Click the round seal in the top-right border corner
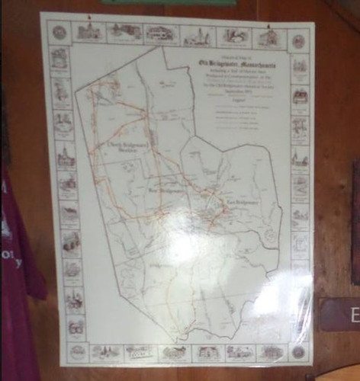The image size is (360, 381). (299, 40)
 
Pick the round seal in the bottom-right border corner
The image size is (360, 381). (298, 351)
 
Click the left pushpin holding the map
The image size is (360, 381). (88, 17)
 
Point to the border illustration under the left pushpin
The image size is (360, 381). (89, 31)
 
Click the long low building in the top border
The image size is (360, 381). (162, 34)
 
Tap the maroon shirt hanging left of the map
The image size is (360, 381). (17, 244)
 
